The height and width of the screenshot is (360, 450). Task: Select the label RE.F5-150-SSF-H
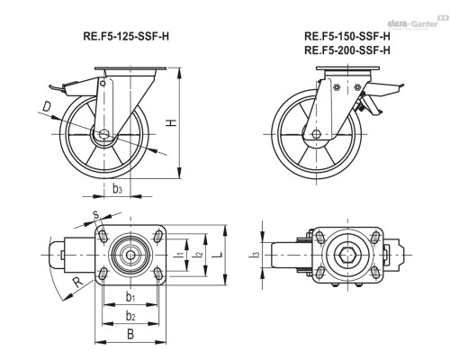347,36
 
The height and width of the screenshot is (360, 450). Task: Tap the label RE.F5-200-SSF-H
347,50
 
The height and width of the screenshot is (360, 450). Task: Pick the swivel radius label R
77,282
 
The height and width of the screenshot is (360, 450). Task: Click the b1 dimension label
130,295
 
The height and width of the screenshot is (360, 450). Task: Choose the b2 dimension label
130,315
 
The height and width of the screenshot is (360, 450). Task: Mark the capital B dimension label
130,337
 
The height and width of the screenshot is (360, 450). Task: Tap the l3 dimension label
256,256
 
